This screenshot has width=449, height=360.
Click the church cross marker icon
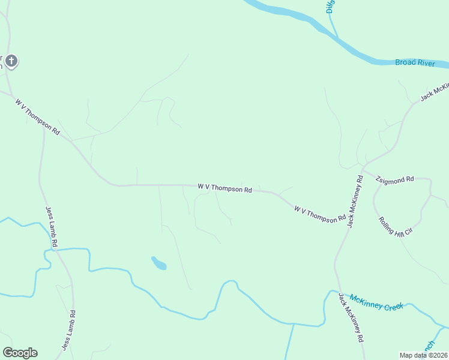11,61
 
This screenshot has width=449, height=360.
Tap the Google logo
20,353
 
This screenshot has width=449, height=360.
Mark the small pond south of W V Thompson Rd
158,263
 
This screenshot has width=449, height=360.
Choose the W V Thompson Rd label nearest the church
38,116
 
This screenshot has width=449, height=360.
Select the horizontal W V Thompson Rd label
224,188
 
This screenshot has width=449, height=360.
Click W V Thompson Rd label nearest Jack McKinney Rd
320,214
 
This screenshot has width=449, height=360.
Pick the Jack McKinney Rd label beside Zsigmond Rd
355,202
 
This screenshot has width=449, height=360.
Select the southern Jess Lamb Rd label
69,330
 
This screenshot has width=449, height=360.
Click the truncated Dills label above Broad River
330,6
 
